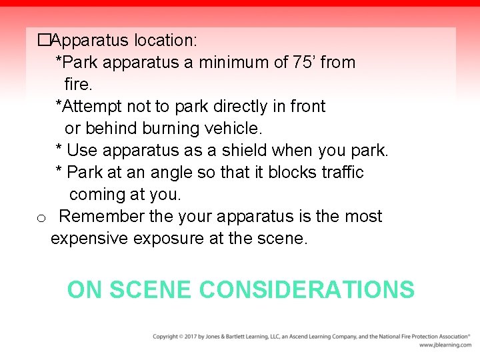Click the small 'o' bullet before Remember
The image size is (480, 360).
(41, 218)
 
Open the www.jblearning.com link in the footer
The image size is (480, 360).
(445, 345)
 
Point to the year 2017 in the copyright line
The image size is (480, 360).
(191, 337)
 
